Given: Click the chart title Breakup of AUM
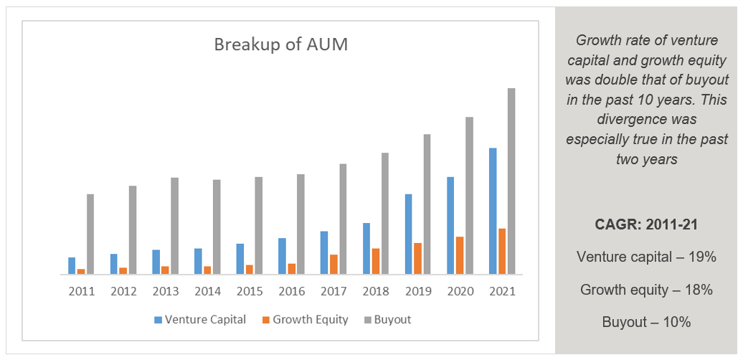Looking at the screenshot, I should pyautogui.click(x=280, y=44).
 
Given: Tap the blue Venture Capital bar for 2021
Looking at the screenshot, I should pyautogui.click(x=493, y=211).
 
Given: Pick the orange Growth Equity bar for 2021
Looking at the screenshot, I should pyautogui.click(x=502, y=251).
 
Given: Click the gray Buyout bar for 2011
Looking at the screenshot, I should pyautogui.click(x=90, y=235).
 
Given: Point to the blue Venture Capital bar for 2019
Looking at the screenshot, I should pyautogui.click(x=408, y=234).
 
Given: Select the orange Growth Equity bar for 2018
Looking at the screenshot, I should pyautogui.click(x=376, y=261).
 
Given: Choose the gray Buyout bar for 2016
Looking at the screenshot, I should pyautogui.click(x=300, y=224).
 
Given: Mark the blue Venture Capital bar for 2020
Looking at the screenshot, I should pyautogui.click(x=450, y=225).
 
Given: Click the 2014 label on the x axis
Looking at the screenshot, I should pyautogui.click(x=207, y=292).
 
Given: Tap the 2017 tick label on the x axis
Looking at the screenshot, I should pyautogui.click(x=333, y=292).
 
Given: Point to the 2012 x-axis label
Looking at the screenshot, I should pyautogui.click(x=123, y=292).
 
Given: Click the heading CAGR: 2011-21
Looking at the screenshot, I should pyautogui.click(x=646, y=224).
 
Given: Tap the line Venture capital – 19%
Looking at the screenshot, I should pyautogui.click(x=646, y=257).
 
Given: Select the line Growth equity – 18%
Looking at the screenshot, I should pyautogui.click(x=646, y=290).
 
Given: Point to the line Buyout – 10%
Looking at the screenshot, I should pyautogui.click(x=646, y=322).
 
